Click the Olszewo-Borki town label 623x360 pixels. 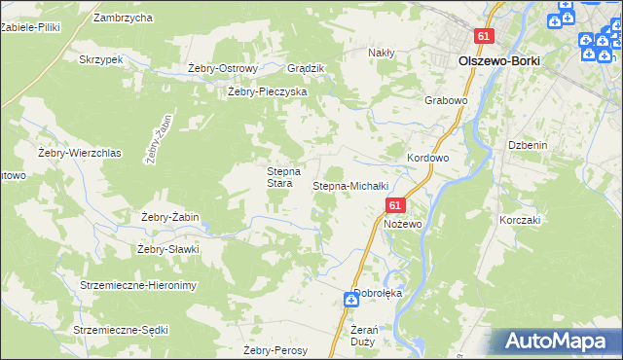tap(498, 60)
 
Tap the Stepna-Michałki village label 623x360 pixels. tap(350, 185)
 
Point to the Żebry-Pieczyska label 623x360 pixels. tap(267, 91)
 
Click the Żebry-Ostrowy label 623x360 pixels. tap(222, 68)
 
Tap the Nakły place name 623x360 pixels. tap(381, 53)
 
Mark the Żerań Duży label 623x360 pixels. tap(361, 336)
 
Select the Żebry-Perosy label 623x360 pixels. tap(275, 350)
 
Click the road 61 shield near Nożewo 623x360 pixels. tap(394, 205)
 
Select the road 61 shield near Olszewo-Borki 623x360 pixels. tap(486, 36)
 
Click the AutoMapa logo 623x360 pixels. tap(560, 342)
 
